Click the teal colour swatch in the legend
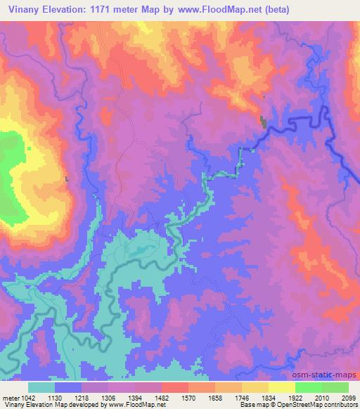click(x=42, y=387)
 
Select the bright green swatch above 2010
click(x=309, y=387)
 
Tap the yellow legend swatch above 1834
click(x=255, y=387)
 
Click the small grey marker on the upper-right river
click(x=264, y=122)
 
